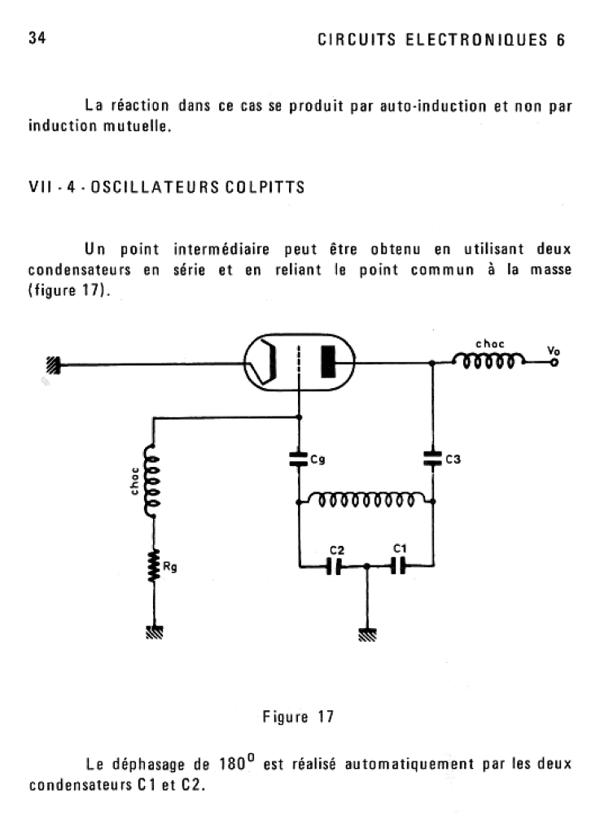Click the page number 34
pos(37,38)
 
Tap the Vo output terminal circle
pos(554,363)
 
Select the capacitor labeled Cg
pos(299,459)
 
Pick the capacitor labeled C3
pos(433,459)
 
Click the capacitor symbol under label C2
pos(335,566)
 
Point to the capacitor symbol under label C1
pos(398,566)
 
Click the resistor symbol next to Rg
pos(154,566)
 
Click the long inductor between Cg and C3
pos(366,499)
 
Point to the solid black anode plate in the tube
pos(328,362)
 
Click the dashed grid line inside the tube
pos(299,363)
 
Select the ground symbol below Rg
pos(154,631)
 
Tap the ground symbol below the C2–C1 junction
pos(367,635)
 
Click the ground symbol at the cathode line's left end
pos(53,365)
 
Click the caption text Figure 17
pos(298,717)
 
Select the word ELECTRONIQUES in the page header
pos(476,40)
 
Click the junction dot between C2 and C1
pos(366,566)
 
